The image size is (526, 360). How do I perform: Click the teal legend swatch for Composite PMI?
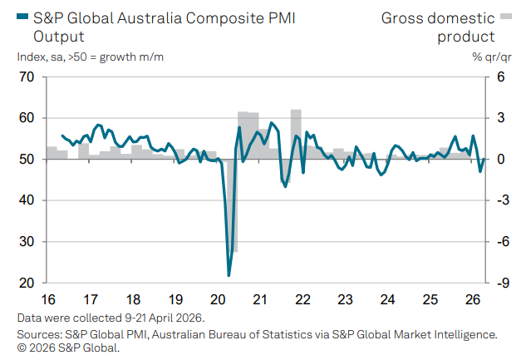(23, 16)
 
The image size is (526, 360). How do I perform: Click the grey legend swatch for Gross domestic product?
(505, 16)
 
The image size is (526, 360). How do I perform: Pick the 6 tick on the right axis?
(500, 77)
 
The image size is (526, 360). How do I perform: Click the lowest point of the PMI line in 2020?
(229, 275)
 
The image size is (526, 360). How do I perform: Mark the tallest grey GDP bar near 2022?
(296, 133)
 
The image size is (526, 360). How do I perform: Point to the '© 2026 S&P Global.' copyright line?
(68, 348)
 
